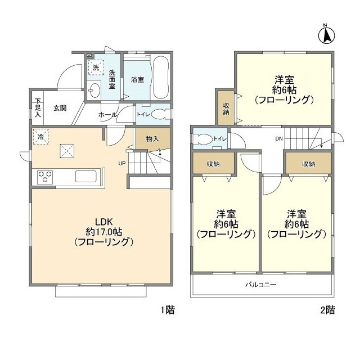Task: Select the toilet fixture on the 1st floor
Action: coord(161,113)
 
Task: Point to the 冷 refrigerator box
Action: coord(40,137)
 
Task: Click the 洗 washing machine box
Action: coord(96,67)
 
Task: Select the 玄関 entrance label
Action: coord(60,108)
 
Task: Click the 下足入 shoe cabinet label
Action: coord(38,107)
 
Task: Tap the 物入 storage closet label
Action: coord(152,138)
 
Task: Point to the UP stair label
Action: coord(121,164)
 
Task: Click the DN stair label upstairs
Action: coord(278,138)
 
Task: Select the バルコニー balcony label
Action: coord(260,285)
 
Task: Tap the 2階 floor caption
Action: coord(328,309)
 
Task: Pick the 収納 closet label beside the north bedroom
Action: coord(226,109)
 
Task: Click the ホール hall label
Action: coord(107,115)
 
